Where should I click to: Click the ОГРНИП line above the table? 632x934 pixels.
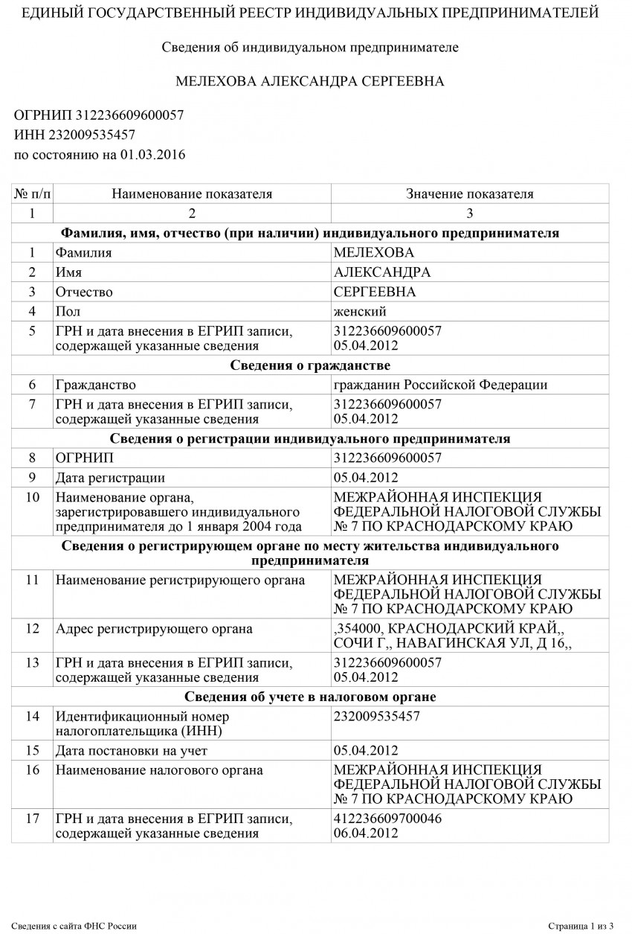coord(99,115)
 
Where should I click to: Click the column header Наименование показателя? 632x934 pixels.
coord(192,194)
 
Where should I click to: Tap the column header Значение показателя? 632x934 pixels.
coord(469,194)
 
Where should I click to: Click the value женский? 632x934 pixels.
coord(361,311)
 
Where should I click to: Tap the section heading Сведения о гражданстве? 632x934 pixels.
coord(310,365)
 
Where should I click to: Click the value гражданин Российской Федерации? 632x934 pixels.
coord(441,385)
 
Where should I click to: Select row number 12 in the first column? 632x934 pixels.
coord(32,629)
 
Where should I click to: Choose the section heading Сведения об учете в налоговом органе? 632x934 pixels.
coord(310,697)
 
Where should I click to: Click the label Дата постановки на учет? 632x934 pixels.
coord(132,749)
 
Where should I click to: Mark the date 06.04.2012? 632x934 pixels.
coord(367,833)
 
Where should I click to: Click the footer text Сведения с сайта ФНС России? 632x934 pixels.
coord(74,926)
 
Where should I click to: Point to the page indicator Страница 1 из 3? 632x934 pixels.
coord(580,926)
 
